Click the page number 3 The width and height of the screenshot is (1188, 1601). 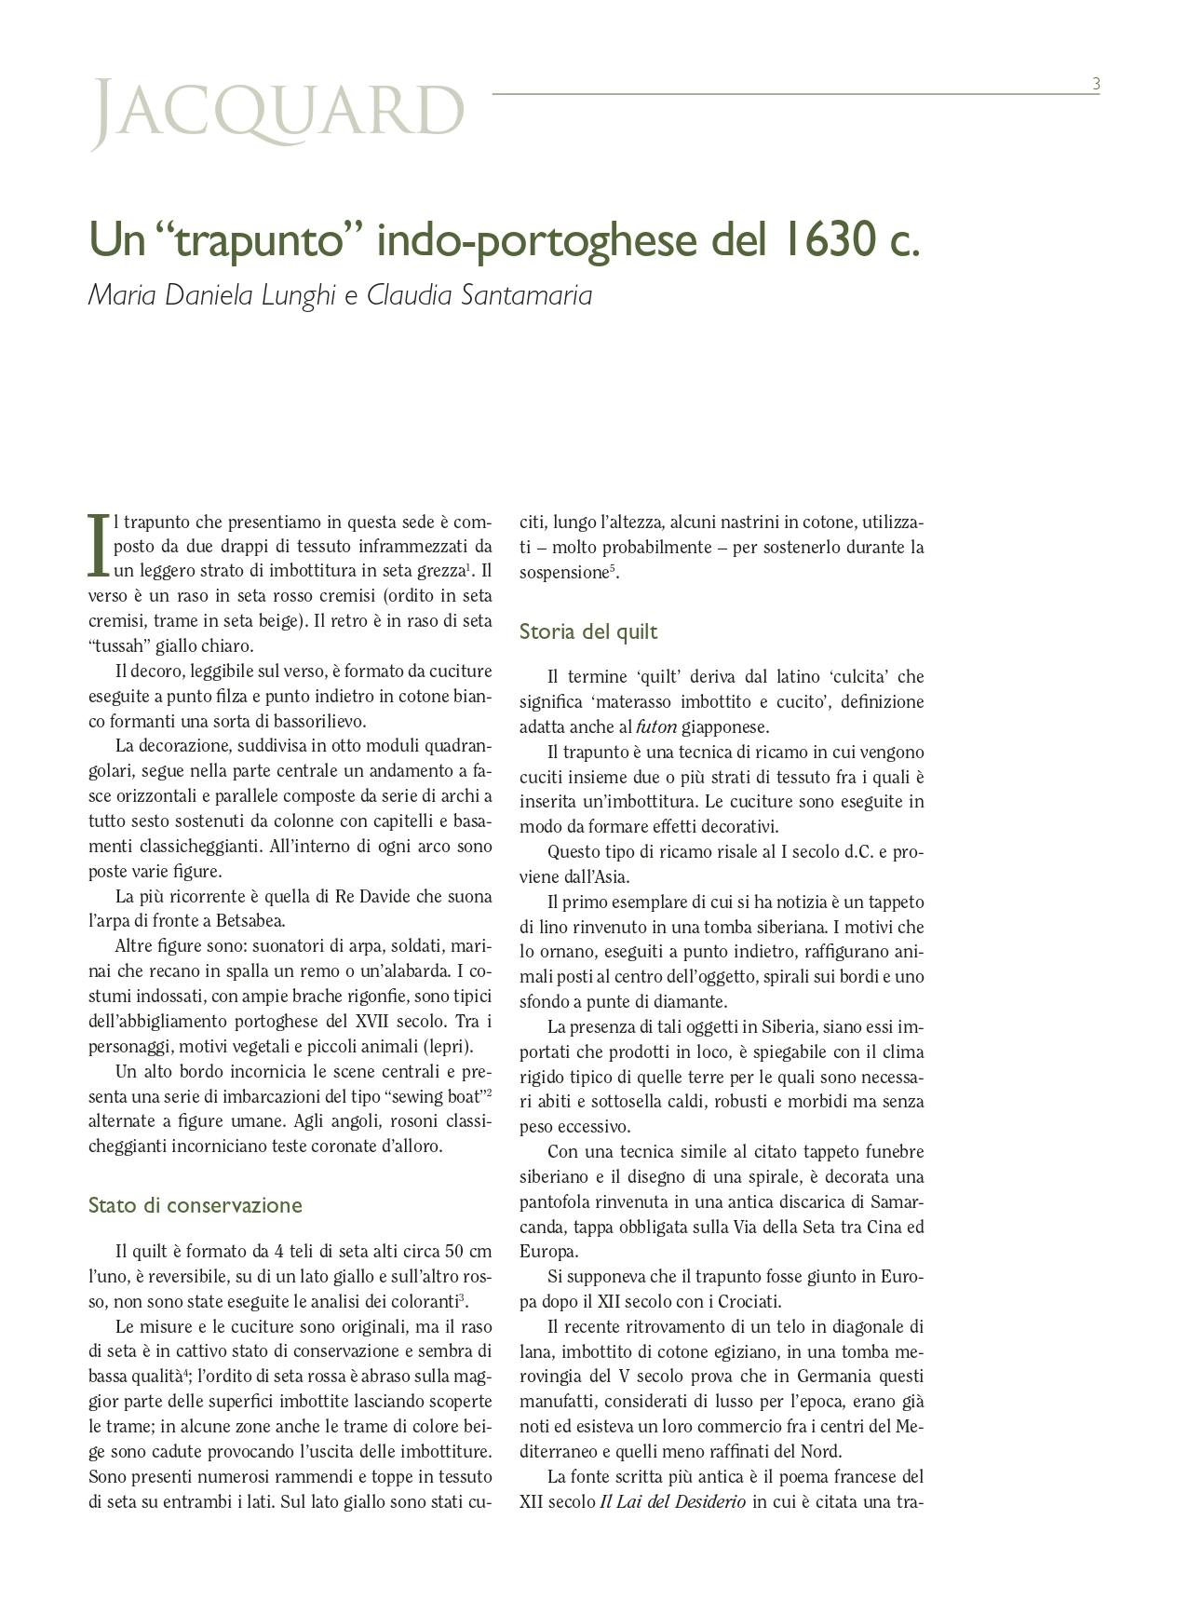click(x=1096, y=84)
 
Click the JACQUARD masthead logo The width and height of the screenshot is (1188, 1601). click(x=277, y=113)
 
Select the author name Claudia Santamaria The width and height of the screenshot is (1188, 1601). click(x=479, y=295)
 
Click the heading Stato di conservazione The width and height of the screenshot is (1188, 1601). click(x=195, y=1205)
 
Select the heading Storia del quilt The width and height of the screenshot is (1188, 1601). click(x=587, y=631)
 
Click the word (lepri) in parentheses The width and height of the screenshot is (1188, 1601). click(x=448, y=1046)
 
